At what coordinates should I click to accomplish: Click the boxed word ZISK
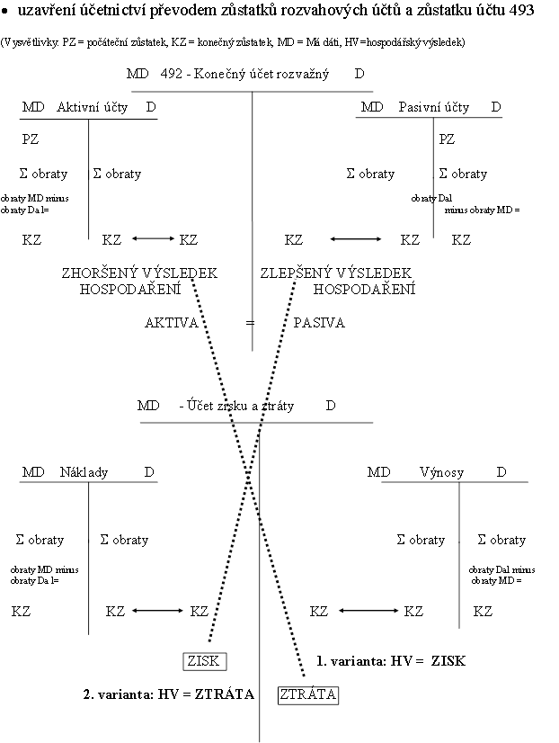tap(204, 661)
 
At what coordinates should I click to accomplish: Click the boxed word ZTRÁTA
tap(308, 694)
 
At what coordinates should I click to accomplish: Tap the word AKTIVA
tap(172, 322)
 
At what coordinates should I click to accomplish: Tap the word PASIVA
tap(319, 322)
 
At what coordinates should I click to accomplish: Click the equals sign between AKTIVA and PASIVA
tap(252, 322)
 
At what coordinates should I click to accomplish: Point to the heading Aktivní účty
tap(93, 107)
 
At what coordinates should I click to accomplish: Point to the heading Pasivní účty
tap(434, 107)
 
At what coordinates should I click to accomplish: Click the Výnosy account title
tap(440, 472)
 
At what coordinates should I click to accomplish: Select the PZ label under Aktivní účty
tap(31, 139)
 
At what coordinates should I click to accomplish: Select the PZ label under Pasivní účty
tap(447, 139)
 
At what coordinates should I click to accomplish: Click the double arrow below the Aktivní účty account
tap(151, 239)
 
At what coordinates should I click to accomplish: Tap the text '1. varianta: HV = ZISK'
tap(391, 661)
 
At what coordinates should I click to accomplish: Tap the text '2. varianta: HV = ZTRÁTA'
tap(169, 694)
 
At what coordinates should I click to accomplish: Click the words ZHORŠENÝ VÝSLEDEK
tap(139, 273)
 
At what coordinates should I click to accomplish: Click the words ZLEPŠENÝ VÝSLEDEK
tap(335, 273)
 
